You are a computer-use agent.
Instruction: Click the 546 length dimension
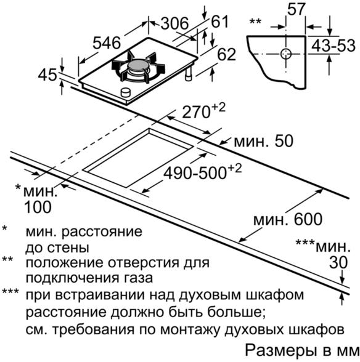[x=107, y=42]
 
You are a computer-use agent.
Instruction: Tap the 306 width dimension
[x=175, y=23]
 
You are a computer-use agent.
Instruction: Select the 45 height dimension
[x=47, y=75]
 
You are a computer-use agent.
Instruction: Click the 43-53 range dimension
[x=333, y=46]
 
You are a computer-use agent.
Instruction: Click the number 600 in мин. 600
[x=308, y=219]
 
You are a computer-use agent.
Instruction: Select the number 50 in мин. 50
[x=284, y=141]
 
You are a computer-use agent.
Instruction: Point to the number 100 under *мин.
[x=38, y=207]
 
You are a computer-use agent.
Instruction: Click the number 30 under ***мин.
[x=338, y=262]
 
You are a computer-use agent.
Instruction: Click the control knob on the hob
[x=126, y=92]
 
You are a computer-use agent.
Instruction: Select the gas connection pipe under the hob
[x=189, y=74]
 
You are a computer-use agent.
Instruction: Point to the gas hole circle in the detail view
[x=286, y=54]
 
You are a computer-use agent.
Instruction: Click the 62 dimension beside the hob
[x=227, y=54]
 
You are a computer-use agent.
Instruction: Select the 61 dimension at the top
[x=220, y=22]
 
